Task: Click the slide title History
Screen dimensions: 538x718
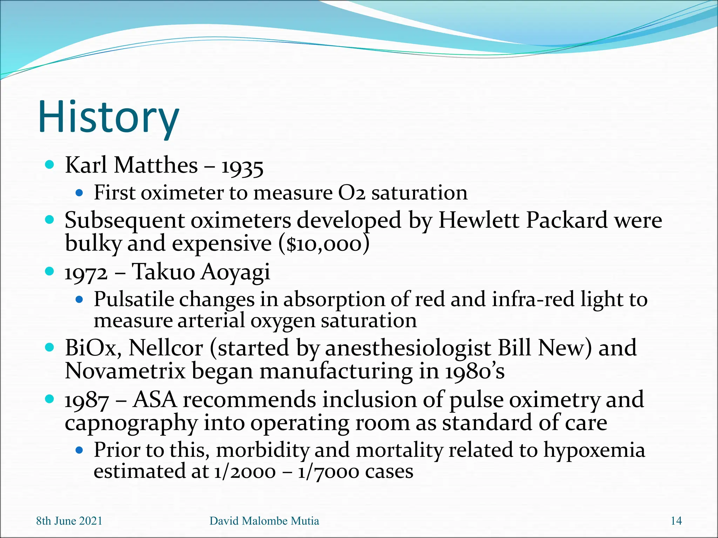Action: pos(109,117)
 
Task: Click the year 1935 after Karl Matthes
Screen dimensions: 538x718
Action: pos(242,167)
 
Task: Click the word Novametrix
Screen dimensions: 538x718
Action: pos(125,371)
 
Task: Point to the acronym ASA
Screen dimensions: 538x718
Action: pos(155,400)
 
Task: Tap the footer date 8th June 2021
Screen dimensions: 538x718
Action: pos(69,521)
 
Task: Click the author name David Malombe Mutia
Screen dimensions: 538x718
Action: pos(264,521)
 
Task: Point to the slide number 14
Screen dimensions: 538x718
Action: pos(676,521)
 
